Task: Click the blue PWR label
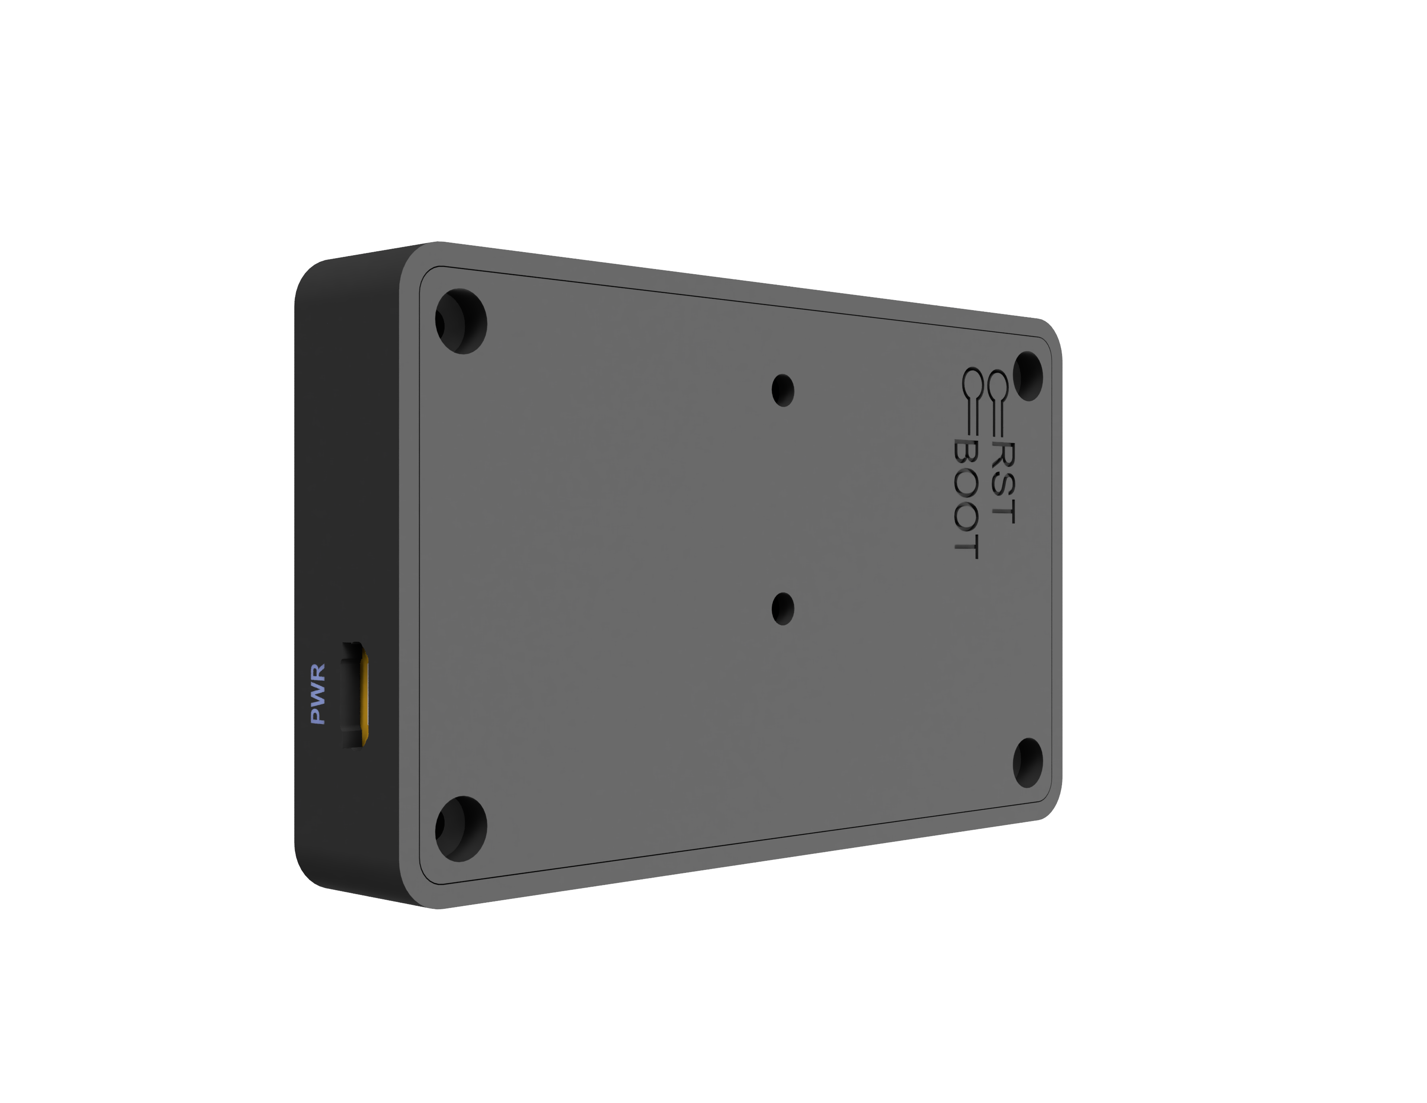[318, 693]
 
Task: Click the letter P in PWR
[318, 715]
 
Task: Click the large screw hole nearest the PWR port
[461, 826]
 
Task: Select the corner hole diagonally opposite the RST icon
[461, 826]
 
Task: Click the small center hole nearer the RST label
[783, 390]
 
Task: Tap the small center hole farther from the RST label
[783, 608]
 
